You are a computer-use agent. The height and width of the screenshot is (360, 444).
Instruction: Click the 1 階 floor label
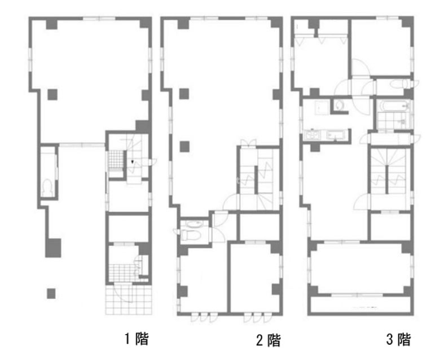[137, 339]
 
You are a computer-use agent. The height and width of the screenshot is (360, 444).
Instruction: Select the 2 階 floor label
[269, 340]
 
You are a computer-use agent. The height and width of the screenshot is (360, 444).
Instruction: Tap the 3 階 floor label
[398, 339]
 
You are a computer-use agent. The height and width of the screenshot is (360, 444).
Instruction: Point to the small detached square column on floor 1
[51, 293]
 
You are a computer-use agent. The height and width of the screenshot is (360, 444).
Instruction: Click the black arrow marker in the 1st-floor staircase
[132, 162]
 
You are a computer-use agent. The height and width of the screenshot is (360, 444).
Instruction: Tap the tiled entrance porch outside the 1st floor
[129, 300]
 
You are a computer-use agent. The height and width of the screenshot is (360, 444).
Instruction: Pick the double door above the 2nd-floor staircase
[249, 143]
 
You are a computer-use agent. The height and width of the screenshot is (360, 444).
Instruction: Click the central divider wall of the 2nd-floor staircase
[256, 180]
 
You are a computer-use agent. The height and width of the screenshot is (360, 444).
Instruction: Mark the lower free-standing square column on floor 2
[184, 147]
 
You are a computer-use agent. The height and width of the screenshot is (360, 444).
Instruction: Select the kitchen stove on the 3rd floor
[313, 134]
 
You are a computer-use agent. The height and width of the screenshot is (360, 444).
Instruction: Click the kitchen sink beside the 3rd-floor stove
[336, 134]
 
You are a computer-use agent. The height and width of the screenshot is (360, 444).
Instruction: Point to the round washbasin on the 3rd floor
[339, 106]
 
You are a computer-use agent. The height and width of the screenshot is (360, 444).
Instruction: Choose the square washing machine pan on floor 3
[322, 108]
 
